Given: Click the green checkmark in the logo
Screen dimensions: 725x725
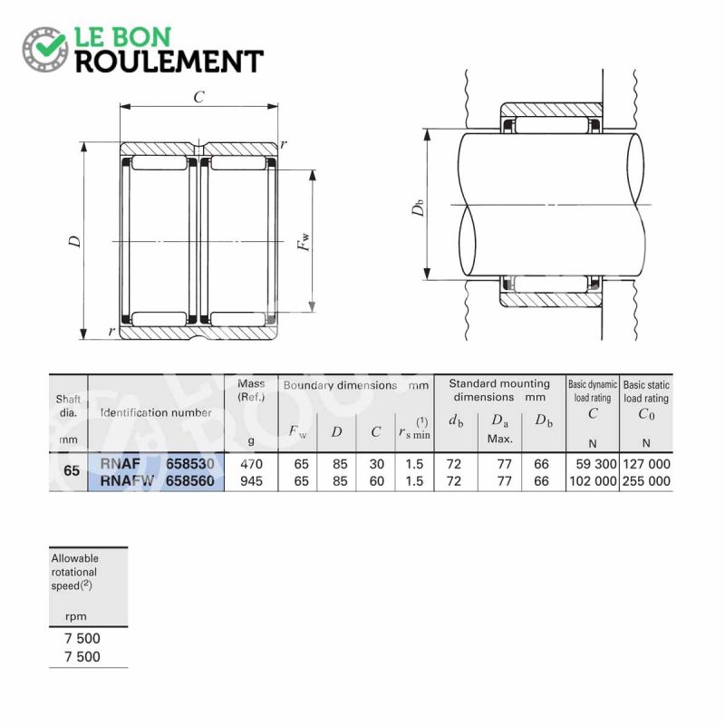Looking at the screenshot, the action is pos(50,43).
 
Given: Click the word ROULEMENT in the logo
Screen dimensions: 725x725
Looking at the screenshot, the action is pos(169,62).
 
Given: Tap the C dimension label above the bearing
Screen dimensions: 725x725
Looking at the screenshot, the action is pos(198,97).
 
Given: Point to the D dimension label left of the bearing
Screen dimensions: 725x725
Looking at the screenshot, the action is pos(75,241).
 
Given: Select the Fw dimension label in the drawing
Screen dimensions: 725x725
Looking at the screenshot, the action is pos(304,242).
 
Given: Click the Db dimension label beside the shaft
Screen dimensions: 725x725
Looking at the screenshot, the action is pos(418,208).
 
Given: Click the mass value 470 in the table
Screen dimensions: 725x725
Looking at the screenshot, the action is pos(252,464).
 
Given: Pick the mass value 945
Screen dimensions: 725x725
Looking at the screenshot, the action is pos(252,481).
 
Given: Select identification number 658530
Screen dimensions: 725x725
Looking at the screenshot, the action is pos(190,463).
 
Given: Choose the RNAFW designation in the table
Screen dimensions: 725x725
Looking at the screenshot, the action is pos(127,481).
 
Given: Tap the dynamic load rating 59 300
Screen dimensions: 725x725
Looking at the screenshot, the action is pos(596,464).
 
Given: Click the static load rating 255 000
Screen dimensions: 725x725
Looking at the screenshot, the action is pos(646,481).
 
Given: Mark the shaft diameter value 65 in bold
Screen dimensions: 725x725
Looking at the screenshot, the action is pos(72,470).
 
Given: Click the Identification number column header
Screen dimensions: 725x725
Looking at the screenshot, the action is pos(156,412).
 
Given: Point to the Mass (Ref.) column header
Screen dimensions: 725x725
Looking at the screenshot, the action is pos(251,391).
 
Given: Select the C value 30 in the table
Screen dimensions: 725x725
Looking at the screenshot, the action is pos(377,464).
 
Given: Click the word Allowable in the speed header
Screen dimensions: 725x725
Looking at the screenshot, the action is pos(75,558).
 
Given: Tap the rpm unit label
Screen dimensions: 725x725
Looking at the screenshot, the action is pos(76,616).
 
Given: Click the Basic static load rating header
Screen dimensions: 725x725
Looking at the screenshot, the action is pos(646,391).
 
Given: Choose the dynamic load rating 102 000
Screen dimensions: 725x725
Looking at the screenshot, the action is pos(594,481).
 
